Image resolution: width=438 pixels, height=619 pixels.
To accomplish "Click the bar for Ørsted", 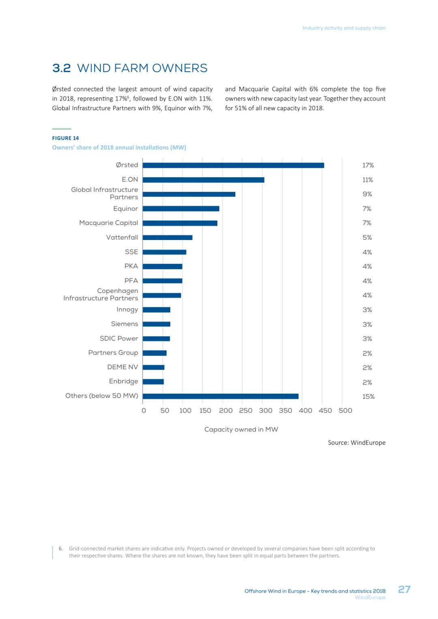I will click(x=233, y=165).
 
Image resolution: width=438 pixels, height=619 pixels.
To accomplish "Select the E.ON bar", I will click(x=203, y=180).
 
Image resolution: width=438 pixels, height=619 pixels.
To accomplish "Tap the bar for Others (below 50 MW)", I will click(x=220, y=396).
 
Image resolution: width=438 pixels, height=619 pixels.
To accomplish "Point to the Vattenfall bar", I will click(x=167, y=238).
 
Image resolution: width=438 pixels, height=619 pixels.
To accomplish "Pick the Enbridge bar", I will click(x=153, y=382).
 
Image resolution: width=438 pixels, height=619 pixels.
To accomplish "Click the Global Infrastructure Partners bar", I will click(x=189, y=194).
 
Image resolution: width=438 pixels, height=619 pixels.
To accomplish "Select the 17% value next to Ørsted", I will click(x=368, y=165).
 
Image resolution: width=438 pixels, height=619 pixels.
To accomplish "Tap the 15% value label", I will click(x=368, y=396).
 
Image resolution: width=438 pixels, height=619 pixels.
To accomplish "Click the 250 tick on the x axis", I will click(x=245, y=411).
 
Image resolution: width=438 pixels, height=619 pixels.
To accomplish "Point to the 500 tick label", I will click(x=345, y=411).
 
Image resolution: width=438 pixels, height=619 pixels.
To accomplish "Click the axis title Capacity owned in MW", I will click(x=241, y=429).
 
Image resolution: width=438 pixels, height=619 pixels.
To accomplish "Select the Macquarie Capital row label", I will click(x=109, y=223).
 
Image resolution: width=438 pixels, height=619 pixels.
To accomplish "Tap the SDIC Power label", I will click(x=119, y=338).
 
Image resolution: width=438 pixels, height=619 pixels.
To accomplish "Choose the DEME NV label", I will click(x=122, y=367).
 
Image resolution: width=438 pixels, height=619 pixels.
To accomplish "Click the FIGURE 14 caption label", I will click(x=65, y=138).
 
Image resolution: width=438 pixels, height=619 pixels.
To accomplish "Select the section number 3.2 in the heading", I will click(x=62, y=68).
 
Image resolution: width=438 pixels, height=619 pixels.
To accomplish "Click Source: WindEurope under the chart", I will click(x=356, y=443).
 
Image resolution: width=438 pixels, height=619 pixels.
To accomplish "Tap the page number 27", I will click(x=404, y=589).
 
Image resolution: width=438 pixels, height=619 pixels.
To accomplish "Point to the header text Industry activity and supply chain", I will click(x=344, y=28).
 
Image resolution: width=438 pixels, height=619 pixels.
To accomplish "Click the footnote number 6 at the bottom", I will click(x=61, y=548).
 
